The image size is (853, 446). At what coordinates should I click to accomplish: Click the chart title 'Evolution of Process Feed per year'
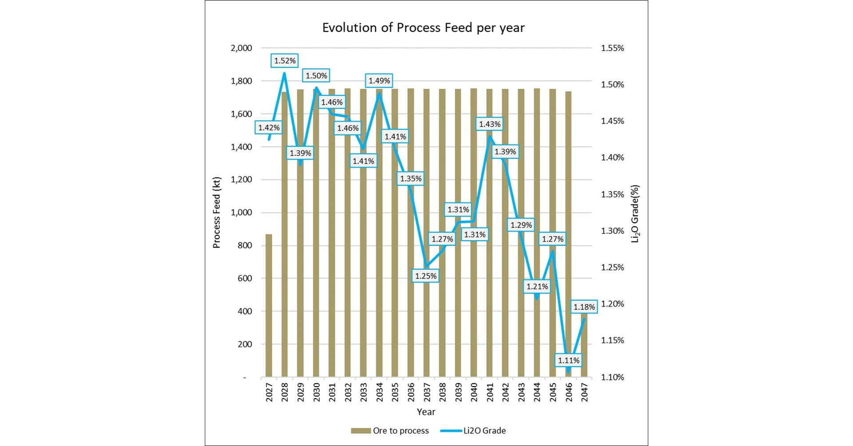point(423,28)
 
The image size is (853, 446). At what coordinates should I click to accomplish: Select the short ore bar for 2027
point(269,306)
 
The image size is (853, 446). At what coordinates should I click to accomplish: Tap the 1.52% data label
point(285,61)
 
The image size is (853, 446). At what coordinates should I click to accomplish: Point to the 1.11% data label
point(568,360)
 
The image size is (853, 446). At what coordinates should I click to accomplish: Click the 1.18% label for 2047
point(584,307)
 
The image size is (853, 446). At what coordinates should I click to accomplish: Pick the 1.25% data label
point(426,276)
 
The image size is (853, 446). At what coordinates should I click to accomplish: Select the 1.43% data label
point(489,124)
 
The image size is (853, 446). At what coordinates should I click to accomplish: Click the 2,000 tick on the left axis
point(241,48)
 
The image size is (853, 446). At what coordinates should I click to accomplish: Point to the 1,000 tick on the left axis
point(241,213)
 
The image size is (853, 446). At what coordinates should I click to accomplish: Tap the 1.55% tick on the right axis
point(612,48)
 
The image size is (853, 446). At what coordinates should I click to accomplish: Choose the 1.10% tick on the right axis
point(612,377)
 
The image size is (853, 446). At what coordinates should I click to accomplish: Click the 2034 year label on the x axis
point(379,392)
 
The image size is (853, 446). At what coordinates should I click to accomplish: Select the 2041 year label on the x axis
point(489,392)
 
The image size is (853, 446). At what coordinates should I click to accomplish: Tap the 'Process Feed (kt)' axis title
point(216,213)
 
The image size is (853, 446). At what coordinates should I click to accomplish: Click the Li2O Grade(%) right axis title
point(635,213)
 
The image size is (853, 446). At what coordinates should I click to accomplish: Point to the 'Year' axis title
point(426,412)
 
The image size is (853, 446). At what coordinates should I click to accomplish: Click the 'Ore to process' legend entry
point(391,430)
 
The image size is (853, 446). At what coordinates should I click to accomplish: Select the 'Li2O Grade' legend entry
point(474,430)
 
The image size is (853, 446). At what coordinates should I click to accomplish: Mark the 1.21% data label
point(537,287)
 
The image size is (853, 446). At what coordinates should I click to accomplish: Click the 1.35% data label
point(410,179)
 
